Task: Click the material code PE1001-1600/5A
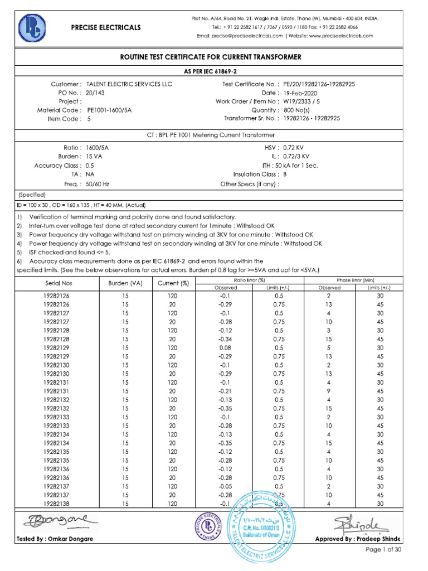110,110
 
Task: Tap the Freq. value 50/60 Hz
98,183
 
